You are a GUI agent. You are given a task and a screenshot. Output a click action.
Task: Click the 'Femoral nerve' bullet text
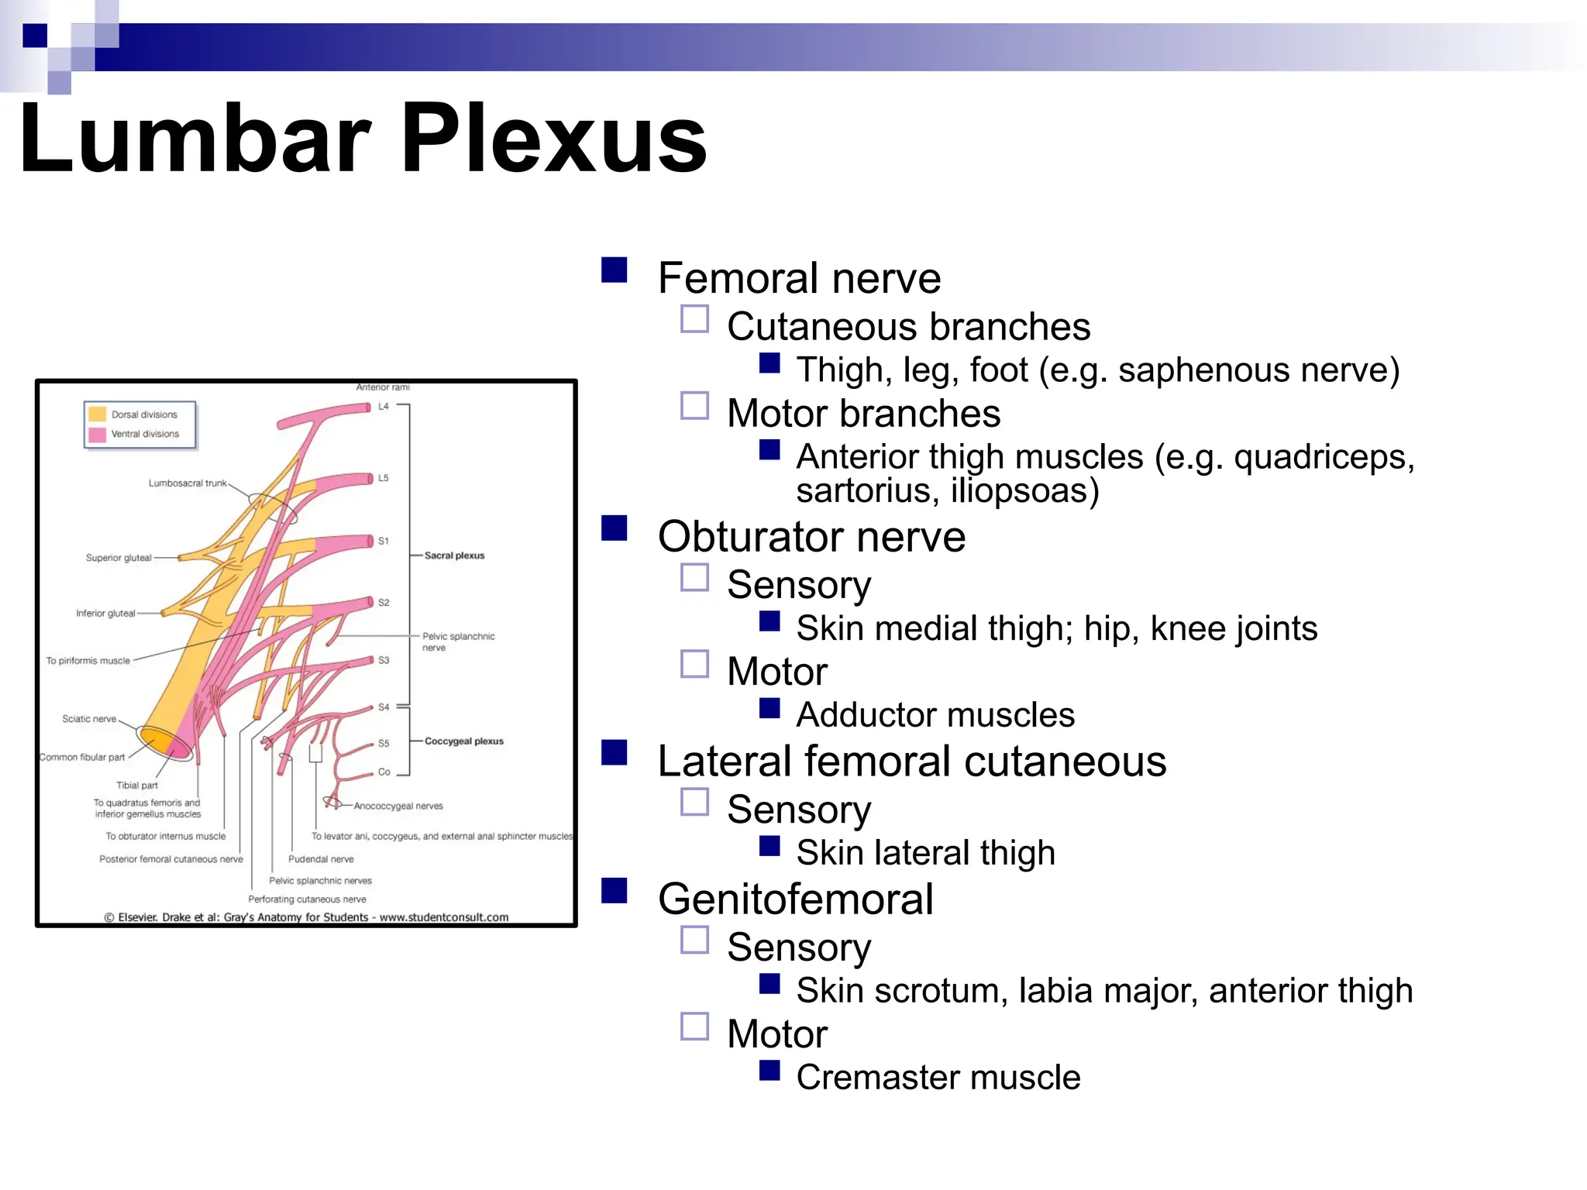tap(799, 278)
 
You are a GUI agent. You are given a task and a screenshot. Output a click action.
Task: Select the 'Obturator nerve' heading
tap(811, 537)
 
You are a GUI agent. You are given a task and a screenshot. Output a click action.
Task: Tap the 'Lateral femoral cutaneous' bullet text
tap(911, 762)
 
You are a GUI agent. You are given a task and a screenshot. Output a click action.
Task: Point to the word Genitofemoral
tap(795, 899)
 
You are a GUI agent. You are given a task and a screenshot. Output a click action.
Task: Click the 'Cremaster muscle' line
tap(938, 1078)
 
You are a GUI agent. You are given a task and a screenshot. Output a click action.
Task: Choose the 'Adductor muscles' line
tap(935, 715)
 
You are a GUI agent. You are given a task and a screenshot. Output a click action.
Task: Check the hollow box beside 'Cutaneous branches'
tap(694, 319)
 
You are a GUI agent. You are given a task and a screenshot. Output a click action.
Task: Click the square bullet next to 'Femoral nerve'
tap(614, 270)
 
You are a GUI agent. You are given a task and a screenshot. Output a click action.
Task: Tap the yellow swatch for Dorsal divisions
tap(98, 414)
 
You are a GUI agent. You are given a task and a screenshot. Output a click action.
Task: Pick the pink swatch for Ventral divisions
tap(98, 434)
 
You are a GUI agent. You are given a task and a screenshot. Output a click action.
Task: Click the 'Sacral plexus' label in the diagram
tap(454, 555)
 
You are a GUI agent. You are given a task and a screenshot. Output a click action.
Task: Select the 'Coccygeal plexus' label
tap(463, 741)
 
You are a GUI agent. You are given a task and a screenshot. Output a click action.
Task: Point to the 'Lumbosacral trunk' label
tap(188, 483)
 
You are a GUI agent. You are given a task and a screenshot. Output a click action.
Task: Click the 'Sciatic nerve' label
tap(89, 719)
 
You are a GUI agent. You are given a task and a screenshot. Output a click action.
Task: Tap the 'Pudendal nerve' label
tap(321, 859)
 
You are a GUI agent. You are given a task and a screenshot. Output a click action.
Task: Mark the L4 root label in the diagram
tap(384, 407)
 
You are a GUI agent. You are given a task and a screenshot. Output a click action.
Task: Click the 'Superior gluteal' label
tap(119, 558)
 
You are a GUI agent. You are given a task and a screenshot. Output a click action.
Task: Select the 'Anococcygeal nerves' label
tap(398, 807)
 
